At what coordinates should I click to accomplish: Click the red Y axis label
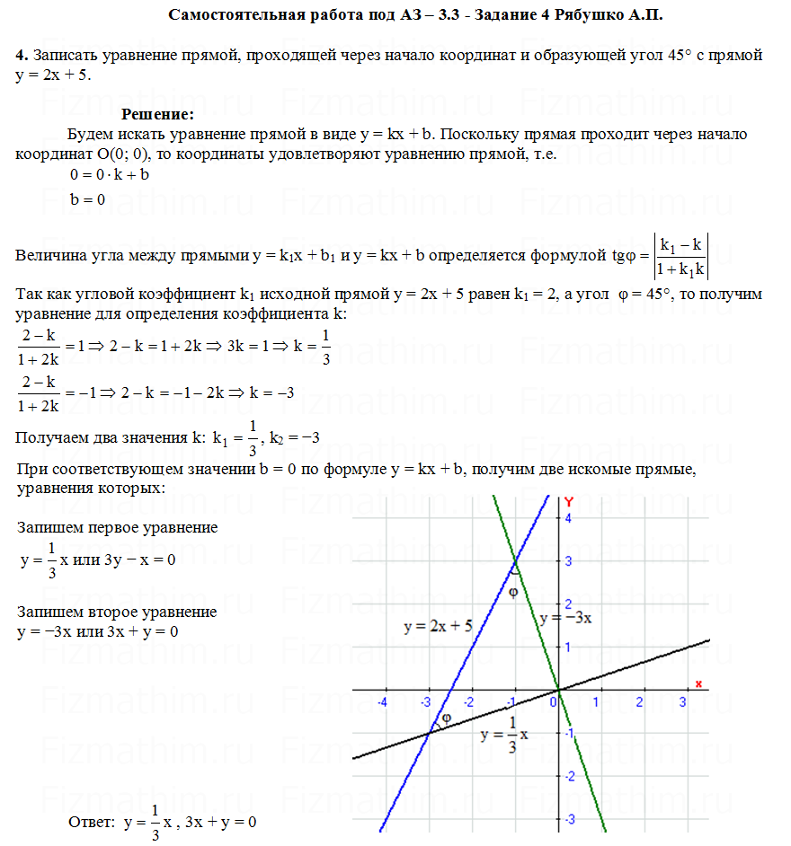click(568, 501)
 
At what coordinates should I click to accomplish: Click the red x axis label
click(698, 683)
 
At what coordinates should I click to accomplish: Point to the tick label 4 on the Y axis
click(568, 518)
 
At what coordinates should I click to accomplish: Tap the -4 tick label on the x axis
click(383, 701)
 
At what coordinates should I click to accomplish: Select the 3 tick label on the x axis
click(682, 701)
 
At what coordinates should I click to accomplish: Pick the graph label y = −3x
click(565, 618)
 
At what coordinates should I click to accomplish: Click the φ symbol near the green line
click(514, 594)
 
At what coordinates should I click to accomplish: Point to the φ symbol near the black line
click(444, 718)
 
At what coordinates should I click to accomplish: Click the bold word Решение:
click(158, 115)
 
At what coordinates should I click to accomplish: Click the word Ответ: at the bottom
click(92, 822)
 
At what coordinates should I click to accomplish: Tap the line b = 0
click(88, 199)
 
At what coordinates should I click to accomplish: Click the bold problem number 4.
click(20, 56)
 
